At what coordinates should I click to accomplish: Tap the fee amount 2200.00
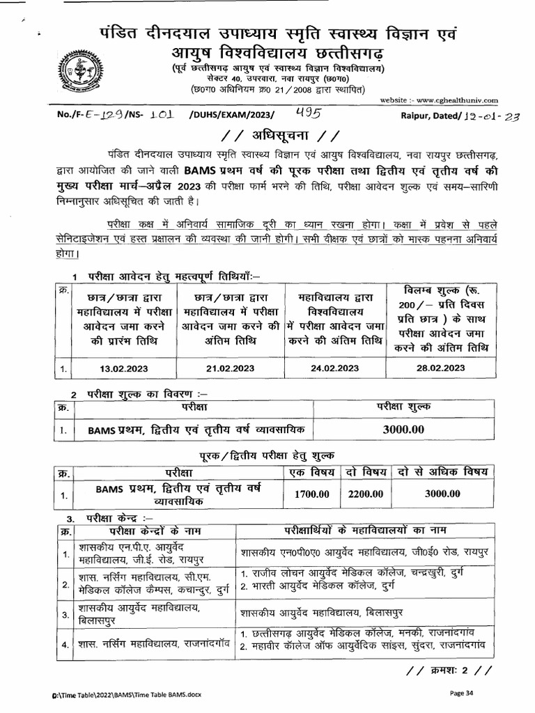click(366, 494)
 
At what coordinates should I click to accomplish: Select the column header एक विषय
click(314, 473)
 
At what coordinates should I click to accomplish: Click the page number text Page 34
click(463, 693)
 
